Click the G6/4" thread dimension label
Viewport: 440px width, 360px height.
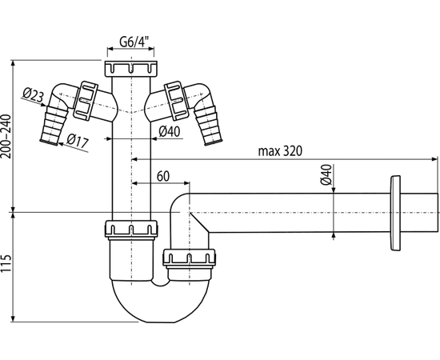(134, 42)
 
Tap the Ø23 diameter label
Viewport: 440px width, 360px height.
(34, 94)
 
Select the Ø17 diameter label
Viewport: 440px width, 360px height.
(78, 141)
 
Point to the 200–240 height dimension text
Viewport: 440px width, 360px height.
(6, 137)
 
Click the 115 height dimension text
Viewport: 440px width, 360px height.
(6, 263)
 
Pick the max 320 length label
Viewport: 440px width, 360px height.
(280, 151)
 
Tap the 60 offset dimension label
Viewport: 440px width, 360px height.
(163, 177)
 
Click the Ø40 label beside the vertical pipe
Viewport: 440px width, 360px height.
(170, 131)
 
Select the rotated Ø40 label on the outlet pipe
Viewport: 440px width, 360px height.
(326, 174)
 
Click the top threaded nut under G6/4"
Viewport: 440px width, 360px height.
(130, 69)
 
